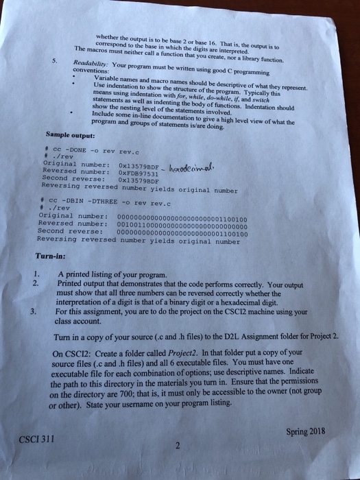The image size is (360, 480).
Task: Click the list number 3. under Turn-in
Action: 34,309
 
